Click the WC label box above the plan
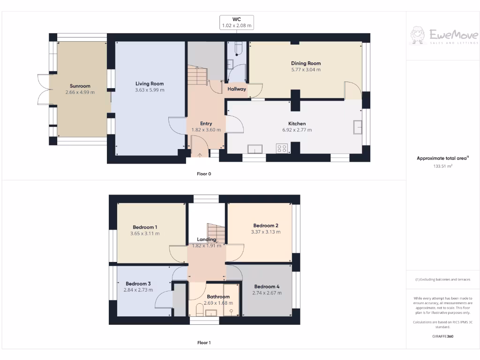[237, 22]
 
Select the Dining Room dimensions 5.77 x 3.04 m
[306, 69]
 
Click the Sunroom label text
[80, 86]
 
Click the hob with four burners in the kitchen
[282, 149]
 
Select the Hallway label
[237, 89]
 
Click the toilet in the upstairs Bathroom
[199, 310]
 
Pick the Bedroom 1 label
[145, 227]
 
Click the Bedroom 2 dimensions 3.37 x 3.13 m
[266, 232]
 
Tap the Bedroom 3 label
[138, 284]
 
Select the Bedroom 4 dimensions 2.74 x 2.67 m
[267, 293]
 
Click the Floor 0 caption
[204, 174]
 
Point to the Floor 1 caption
[204, 343]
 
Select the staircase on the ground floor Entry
[197, 74]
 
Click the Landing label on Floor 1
[206, 240]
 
